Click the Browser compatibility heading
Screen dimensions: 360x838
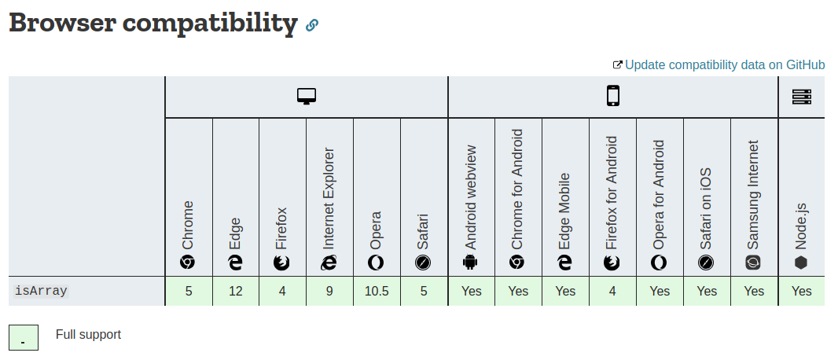[x=153, y=23]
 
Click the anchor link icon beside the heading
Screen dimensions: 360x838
[x=312, y=25]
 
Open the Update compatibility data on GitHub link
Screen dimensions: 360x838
[x=724, y=64]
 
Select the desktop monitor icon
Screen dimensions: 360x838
[x=306, y=97]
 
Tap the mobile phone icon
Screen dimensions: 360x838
[x=612, y=97]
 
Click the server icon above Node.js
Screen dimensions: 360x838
[x=801, y=97]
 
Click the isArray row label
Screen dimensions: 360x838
[x=41, y=291]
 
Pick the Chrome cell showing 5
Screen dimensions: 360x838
[x=189, y=291]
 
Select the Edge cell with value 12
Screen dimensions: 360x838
[x=236, y=291]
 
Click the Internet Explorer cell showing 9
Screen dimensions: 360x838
[x=329, y=291]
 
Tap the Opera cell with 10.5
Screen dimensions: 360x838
[x=377, y=291]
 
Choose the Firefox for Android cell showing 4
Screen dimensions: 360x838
[x=612, y=291]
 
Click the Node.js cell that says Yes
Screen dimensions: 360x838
[x=801, y=291]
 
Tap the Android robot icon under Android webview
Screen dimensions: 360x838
[x=471, y=263]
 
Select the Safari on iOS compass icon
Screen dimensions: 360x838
[x=707, y=263]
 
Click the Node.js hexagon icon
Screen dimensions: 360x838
[x=801, y=263]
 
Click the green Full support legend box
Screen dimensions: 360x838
[x=24, y=337]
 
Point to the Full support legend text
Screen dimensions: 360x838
[x=88, y=335]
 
